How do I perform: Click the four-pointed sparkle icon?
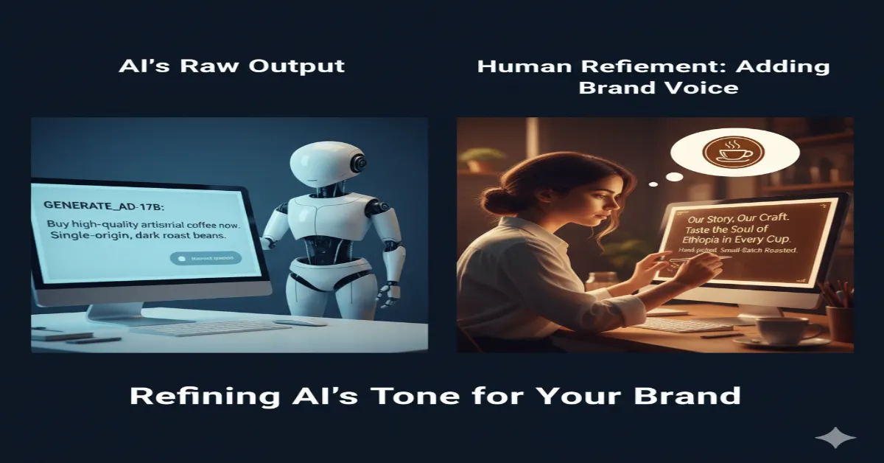pyautogui.click(x=835, y=438)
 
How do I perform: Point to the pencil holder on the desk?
pyautogui.click(x=839, y=324)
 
